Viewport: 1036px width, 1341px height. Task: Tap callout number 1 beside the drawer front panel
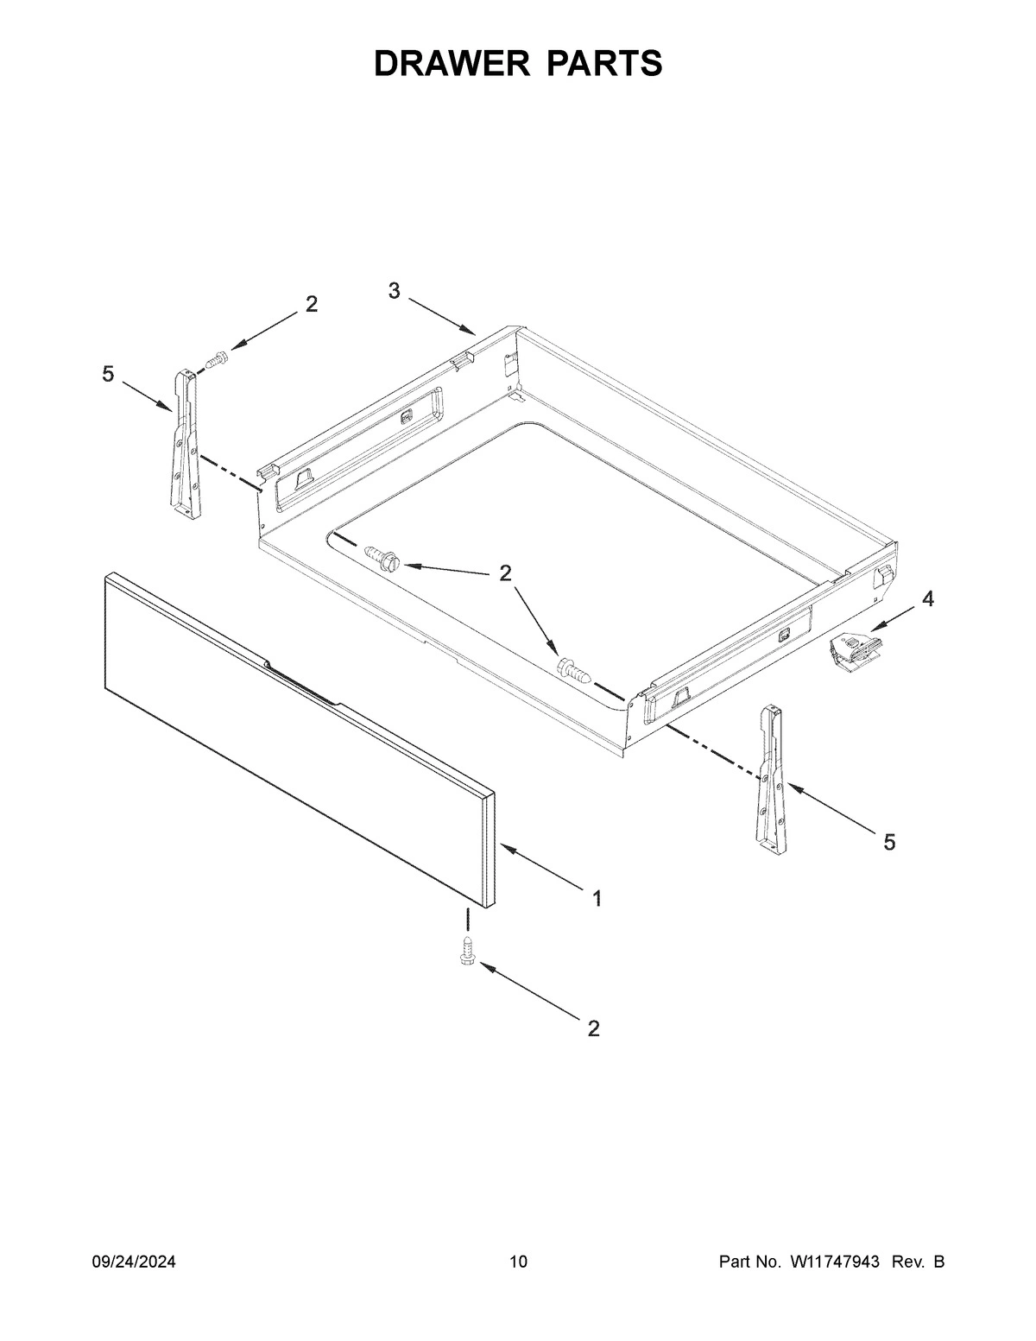pyautogui.click(x=597, y=899)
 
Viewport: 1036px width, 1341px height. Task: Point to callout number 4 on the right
pyautogui.click(x=927, y=598)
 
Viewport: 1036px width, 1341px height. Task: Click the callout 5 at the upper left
pyautogui.click(x=108, y=374)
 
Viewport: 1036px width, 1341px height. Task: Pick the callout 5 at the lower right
pyautogui.click(x=889, y=842)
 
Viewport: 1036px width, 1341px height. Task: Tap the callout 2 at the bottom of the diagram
pyautogui.click(x=593, y=1028)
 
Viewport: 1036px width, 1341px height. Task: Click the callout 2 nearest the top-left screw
pyautogui.click(x=311, y=303)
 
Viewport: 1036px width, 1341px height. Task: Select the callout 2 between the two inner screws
pyautogui.click(x=505, y=572)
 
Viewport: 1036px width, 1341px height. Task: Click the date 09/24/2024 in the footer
pyautogui.click(x=134, y=1262)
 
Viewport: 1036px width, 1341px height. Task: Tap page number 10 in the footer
pyautogui.click(x=518, y=1262)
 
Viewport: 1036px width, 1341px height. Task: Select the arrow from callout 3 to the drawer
pyautogui.click(x=442, y=317)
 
